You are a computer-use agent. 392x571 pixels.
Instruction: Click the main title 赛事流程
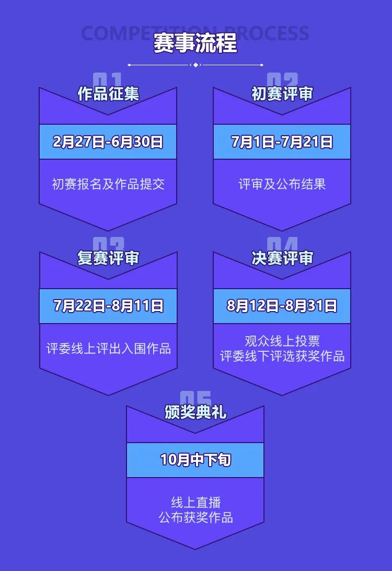point(195,43)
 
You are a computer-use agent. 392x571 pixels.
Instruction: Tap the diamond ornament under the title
point(195,65)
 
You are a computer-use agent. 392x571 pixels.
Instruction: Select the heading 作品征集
point(108,94)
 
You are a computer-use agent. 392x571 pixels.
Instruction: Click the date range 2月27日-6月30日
point(108,142)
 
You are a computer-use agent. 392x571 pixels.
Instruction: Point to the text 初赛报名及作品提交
point(108,184)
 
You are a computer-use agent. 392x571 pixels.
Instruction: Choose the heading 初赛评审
point(282,94)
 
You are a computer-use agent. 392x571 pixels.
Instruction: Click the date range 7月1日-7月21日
point(282,142)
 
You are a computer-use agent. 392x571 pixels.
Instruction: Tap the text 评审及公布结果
point(282,184)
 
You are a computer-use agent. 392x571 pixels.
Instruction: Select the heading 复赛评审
point(108,258)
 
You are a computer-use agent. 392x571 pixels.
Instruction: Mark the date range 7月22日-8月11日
point(108,306)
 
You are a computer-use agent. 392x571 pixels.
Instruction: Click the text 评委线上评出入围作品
point(108,349)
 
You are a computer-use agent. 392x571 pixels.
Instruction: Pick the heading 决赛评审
point(282,258)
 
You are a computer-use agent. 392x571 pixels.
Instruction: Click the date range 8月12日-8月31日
point(282,306)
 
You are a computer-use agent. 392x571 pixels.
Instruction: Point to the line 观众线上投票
point(282,341)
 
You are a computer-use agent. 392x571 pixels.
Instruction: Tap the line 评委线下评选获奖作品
point(282,356)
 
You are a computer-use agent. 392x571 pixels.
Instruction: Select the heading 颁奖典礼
point(195,412)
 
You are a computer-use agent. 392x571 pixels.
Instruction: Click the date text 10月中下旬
point(195,460)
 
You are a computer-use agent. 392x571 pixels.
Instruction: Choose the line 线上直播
point(196,503)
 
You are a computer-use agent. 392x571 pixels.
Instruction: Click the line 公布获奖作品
point(196,518)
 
